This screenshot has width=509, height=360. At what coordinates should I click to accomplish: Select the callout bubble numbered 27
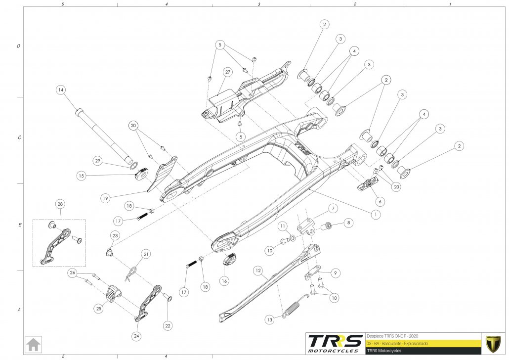click(227, 72)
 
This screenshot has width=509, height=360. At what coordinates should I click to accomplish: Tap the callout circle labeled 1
click(376, 215)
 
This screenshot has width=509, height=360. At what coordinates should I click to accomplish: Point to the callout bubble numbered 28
click(60, 204)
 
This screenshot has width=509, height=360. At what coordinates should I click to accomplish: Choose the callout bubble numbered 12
click(257, 270)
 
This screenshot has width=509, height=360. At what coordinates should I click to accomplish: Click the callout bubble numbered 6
click(380, 202)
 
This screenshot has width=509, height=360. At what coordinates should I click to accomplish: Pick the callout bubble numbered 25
click(99, 308)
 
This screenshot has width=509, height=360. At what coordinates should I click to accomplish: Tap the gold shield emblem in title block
click(492, 343)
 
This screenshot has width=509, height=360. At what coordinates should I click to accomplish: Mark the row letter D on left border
click(18, 46)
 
